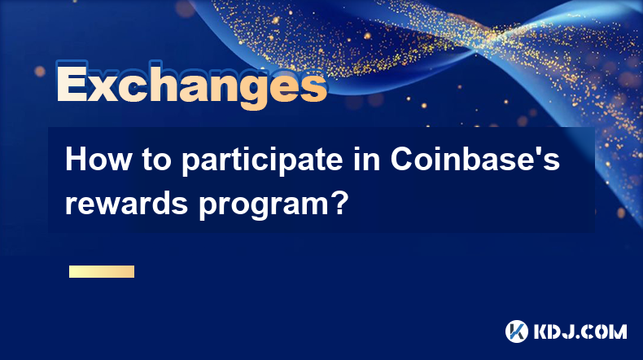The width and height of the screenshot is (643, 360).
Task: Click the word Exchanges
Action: pyautogui.click(x=191, y=84)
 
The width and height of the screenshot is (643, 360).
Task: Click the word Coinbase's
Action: pyautogui.click(x=475, y=160)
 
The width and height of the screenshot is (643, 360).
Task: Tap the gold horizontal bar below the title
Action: pyautogui.click(x=102, y=271)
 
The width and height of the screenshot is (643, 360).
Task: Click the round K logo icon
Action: pyautogui.click(x=517, y=331)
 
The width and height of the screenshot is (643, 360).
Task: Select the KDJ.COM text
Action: pyautogui.click(x=580, y=331)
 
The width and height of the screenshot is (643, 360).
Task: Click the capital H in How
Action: pyautogui.click(x=76, y=160)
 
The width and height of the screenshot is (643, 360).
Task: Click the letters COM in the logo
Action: pyautogui.click(x=605, y=331)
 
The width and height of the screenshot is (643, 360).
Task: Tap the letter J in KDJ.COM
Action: pyautogui.click(x=569, y=331)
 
